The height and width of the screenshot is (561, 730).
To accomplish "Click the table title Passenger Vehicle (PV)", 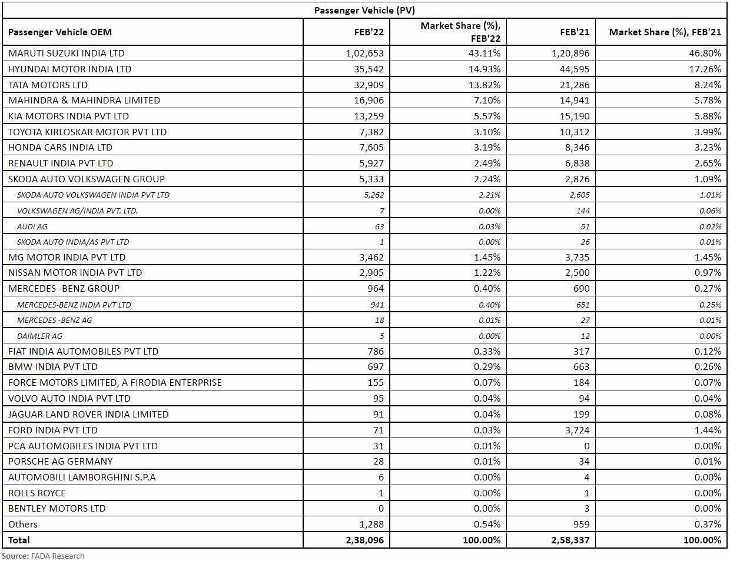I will (x=364, y=10).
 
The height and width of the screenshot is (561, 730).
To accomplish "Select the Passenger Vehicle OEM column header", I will (x=59, y=32).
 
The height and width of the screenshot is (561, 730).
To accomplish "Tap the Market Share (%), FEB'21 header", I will (x=665, y=32).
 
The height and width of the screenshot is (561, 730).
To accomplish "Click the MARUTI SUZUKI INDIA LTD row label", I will (x=66, y=54).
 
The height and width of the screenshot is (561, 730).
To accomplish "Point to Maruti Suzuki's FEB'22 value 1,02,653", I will (x=364, y=54).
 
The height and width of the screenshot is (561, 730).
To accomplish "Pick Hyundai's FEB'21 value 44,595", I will (x=574, y=69).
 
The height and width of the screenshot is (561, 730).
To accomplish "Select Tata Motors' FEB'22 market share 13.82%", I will (x=487, y=85).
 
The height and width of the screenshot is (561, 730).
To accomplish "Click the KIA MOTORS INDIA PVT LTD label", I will (x=68, y=116).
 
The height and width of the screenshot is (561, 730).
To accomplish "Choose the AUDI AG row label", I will (x=32, y=226).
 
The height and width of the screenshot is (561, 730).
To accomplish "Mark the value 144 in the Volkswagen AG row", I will (x=582, y=211).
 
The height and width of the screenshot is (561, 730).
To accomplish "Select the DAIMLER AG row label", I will (x=39, y=336).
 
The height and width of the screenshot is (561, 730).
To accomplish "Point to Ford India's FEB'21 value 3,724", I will (x=577, y=430).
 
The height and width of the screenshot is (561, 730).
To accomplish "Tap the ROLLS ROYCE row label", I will (x=36, y=493).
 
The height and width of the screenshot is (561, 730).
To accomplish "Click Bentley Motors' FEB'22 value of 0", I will (x=380, y=508).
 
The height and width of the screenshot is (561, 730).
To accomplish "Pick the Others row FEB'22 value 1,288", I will (x=371, y=524).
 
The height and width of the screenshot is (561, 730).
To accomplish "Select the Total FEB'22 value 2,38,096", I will (x=364, y=540).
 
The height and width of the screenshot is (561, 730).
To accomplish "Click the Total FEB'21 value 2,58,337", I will (x=570, y=540).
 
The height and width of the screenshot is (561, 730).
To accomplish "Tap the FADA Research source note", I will (x=43, y=556).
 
